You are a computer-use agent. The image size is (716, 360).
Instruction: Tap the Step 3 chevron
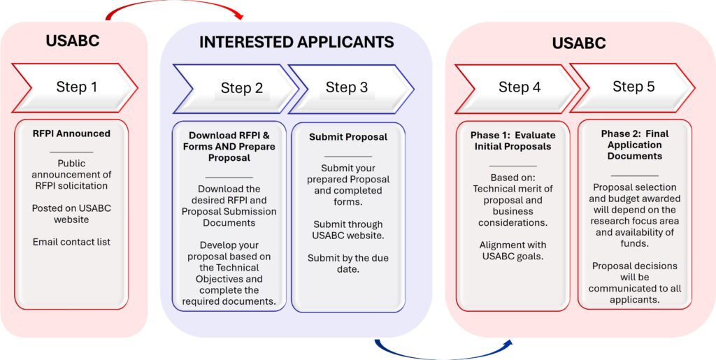(x=348, y=87)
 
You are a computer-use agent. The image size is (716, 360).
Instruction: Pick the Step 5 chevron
(x=631, y=87)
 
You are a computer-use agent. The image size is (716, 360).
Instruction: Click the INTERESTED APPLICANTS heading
(x=296, y=42)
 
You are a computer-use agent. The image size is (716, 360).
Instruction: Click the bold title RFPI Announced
(x=71, y=134)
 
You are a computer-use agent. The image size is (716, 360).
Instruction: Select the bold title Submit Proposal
(x=348, y=137)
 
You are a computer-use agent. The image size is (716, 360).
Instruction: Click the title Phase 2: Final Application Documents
(x=635, y=145)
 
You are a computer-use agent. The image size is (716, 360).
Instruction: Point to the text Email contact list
(x=71, y=242)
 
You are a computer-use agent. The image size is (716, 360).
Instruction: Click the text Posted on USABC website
(x=71, y=214)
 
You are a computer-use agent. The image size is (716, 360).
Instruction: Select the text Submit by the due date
(x=348, y=264)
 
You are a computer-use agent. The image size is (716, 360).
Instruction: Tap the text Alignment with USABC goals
(x=513, y=251)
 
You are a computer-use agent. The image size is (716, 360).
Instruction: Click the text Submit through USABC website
(x=348, y=230)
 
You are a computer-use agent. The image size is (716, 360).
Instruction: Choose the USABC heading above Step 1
(x=73, y=41)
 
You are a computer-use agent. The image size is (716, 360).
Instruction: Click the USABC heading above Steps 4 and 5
(x=579, y=43)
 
